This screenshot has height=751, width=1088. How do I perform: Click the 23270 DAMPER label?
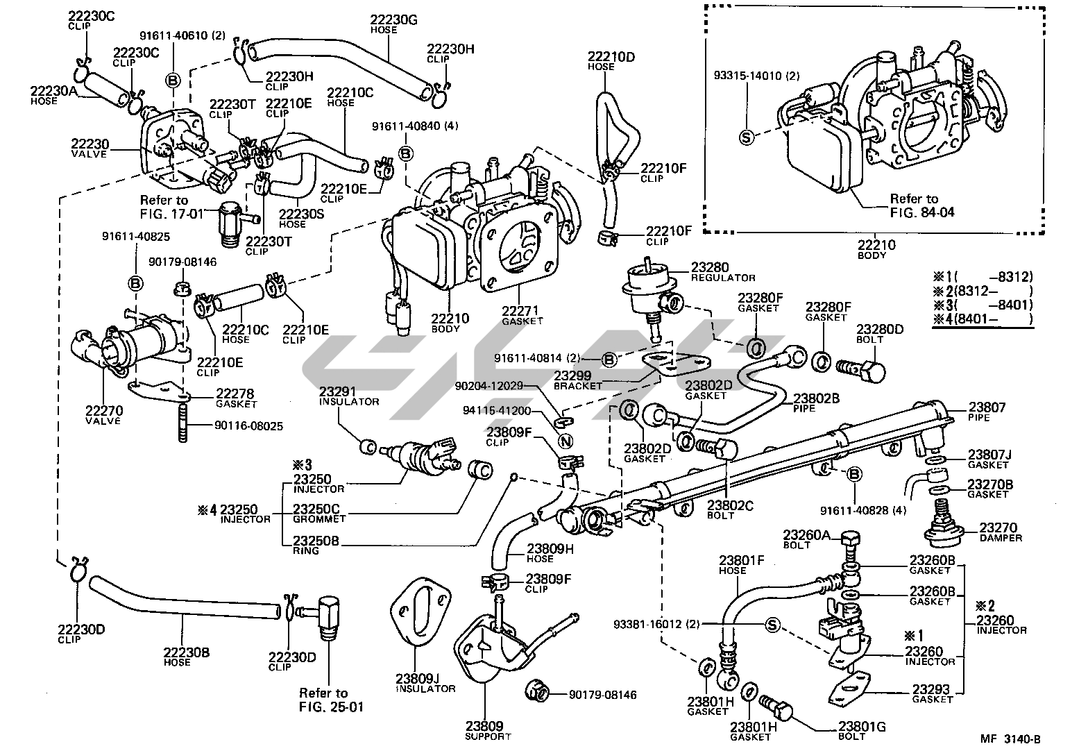pyautogui.click(x=999, y=532)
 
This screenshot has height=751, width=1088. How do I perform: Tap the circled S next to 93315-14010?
pyautogui.click(x=746, y=137)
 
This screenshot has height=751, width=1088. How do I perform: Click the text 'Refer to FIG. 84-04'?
pyautogui.click(x=921, y=205)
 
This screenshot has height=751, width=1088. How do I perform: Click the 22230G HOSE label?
pyautogui.click(x=393, y=24)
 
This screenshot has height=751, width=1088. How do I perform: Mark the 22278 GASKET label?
pyautogui.click(x=236, y=398)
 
